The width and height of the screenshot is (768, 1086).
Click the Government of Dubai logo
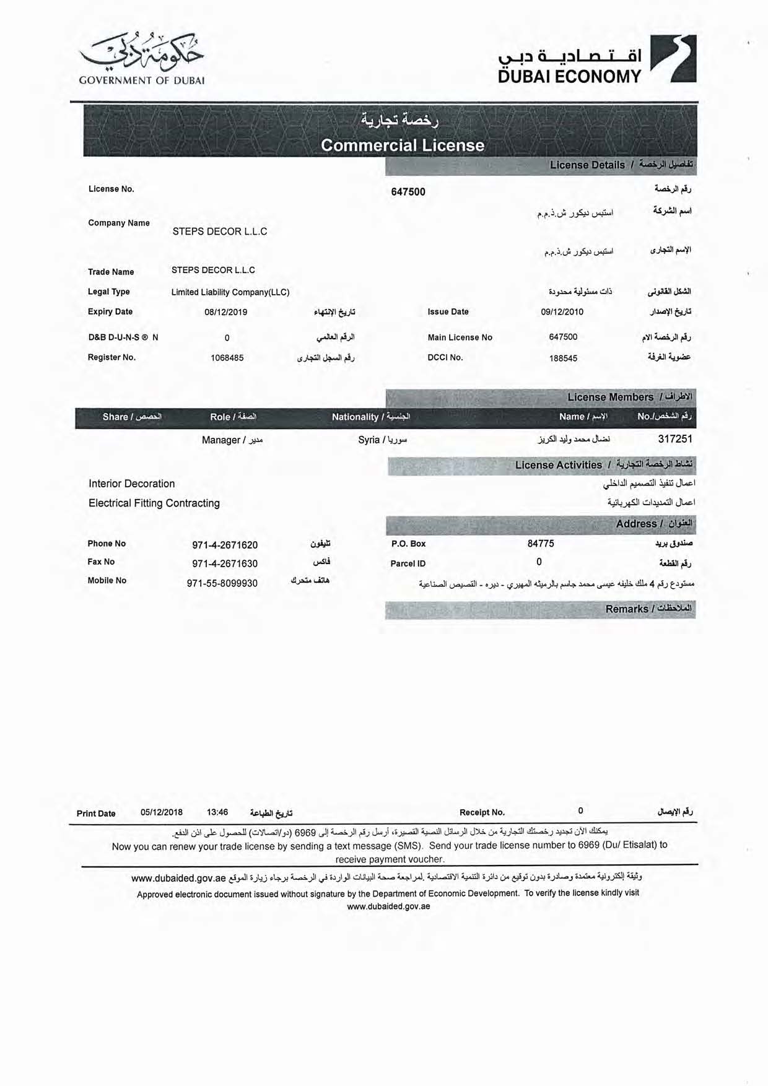tap(142, 58)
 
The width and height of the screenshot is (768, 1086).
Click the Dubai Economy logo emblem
tap(673, 59)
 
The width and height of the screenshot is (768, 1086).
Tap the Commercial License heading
tap(403, 146)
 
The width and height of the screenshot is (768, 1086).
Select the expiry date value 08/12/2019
tap(225, 312)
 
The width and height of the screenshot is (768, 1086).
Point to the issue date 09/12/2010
tap(562, 312)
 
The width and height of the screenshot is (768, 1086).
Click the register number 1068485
tap(227, 358)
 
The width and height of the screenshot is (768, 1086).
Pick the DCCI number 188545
tap(563, 358)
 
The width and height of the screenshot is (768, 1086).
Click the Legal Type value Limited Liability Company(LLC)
tap(230, 292)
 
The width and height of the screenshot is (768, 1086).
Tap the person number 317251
tap(675, 439)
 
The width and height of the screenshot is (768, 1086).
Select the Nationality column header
tap(370, 417)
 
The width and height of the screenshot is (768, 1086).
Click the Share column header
tap(132, 417)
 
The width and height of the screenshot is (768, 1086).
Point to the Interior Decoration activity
tap(131, 484)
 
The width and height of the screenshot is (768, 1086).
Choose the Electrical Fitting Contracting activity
tap(154, 503)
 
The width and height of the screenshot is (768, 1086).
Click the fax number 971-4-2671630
tap(225, 563)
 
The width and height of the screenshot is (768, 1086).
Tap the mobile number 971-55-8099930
tap(222, 583)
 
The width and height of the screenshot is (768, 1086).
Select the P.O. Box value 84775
tap(541, 544)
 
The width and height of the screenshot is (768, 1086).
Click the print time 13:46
tap(217, 812)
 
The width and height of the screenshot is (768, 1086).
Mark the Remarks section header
tap(648, 609)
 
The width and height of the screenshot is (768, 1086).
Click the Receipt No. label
tap(482, 812)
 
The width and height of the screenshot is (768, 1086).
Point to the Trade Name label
tap(111, 272)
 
